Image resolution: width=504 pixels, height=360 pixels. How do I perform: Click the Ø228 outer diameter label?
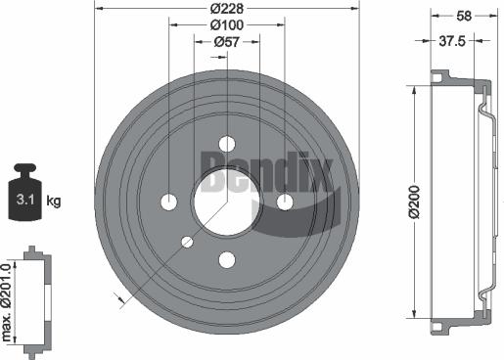point(227,8)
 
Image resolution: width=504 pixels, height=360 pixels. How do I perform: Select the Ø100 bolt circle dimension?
point(227,24)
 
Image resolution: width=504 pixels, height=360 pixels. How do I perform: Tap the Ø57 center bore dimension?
point(227,41)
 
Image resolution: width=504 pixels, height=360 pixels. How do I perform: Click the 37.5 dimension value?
point(450,41)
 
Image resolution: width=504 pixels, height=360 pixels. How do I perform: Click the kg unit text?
point(54,202)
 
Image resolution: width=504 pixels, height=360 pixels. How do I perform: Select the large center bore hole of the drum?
point(226,202)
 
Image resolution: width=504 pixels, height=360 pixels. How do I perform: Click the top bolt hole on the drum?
point(227,144)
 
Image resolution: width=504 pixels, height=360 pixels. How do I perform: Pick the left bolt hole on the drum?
point(168,202)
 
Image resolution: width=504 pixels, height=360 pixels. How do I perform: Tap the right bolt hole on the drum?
point(285,202)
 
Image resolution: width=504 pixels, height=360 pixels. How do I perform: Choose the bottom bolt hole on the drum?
point(227,259)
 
